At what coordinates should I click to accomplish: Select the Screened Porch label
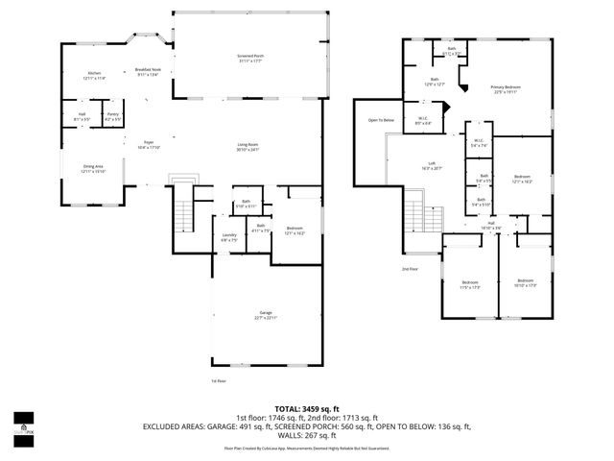(251, 58)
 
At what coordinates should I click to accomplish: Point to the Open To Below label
(381, 120)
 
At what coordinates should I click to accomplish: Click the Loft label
(432, 165)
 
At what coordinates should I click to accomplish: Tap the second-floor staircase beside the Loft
(412, 211)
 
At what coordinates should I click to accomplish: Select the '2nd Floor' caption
(410, 268)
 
